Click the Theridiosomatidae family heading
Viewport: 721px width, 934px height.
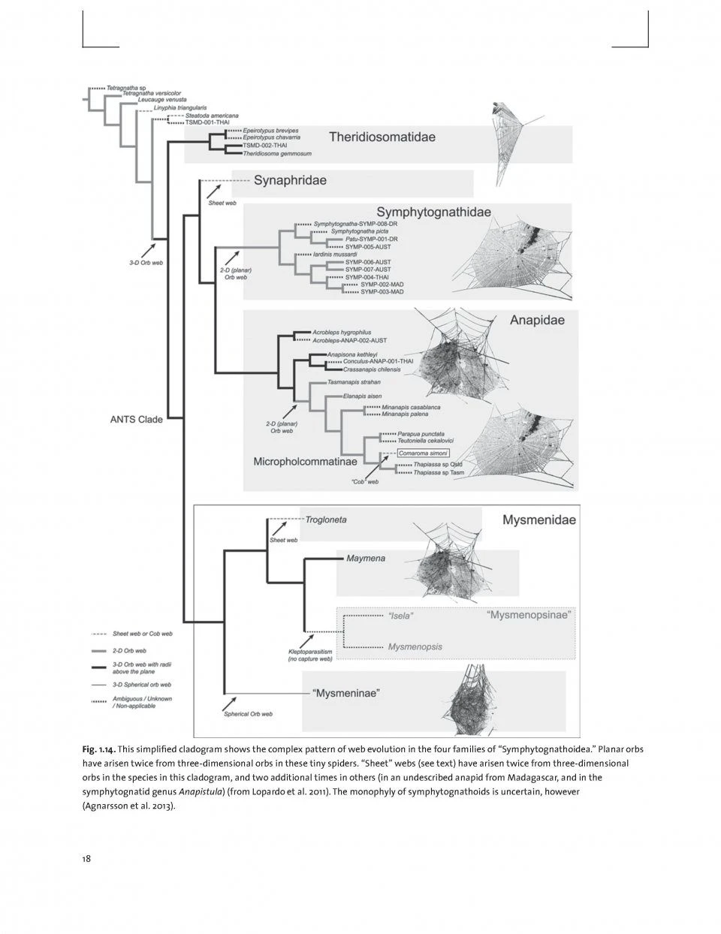(382, 137)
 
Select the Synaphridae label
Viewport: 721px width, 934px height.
(290, 181)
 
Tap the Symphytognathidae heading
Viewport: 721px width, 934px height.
(433, 212)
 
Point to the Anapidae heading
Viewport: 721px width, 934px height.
(537, 321)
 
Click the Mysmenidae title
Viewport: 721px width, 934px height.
(538, 520)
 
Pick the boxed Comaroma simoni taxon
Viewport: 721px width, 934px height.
(423, 453)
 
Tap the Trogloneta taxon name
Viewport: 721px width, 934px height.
(325, 520)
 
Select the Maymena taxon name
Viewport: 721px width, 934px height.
(366, 559)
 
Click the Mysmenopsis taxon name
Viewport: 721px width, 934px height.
(415, 646)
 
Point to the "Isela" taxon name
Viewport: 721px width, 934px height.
(400, 616)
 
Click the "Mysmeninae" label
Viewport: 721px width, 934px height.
(345, 693)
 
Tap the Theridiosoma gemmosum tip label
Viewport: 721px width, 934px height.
(276, 153)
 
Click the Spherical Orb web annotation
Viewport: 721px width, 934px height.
(248, 714)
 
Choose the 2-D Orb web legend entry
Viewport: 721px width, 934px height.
(129, 650)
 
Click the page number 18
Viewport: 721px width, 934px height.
(86, 859)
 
